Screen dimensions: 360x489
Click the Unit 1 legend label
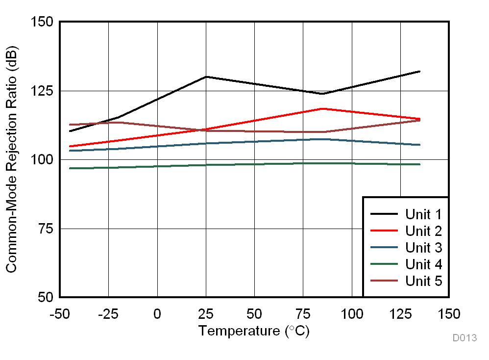(423, 214)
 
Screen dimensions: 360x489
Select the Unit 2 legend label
(423, 231)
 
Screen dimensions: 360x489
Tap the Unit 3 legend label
(423, 248)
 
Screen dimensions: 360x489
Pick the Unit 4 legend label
(423, 264)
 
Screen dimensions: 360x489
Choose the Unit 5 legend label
(423, 281)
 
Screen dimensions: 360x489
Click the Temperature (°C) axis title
(254, 331)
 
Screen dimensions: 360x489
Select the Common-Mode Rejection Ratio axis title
(12, 159)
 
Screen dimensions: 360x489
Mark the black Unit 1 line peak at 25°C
(206, 77)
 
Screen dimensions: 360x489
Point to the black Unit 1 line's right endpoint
(420, 72)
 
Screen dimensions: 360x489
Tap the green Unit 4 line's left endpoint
(70, 168)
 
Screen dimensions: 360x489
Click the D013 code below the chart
(464, 338)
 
